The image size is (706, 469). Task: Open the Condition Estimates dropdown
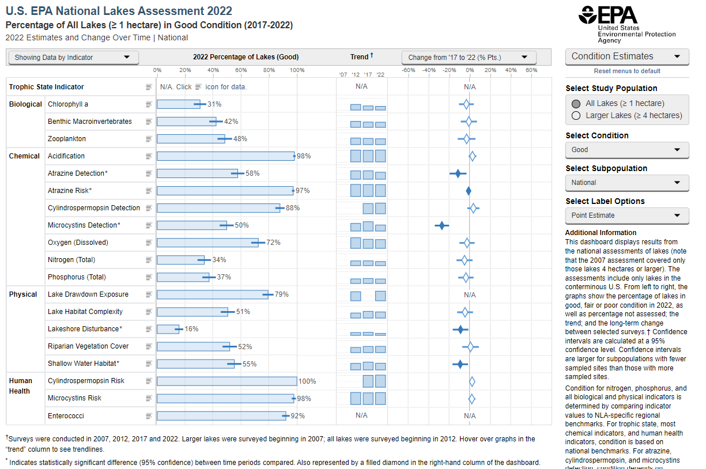tap(627, 56)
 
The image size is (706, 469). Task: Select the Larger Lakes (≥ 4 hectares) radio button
tap(576, 116)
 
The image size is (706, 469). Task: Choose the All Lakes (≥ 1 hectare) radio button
tap(576, 104)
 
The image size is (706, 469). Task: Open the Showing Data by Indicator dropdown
tap(73, 57)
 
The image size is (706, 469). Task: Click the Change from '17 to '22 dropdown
tap(469, 57)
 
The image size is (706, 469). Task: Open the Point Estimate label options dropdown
tap(627, 215)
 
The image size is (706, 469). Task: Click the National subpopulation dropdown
tap(627, 183)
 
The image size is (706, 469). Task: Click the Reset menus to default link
tap(627, 71)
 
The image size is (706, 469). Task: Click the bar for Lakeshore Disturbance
tap(168, 329)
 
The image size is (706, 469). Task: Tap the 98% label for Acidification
tap(304, 156)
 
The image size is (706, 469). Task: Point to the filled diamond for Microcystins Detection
tap(441, 225)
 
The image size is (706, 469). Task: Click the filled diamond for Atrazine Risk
tap(469, 191)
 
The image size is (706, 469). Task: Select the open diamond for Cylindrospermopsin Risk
tap(472, 381)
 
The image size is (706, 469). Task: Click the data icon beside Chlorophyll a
tap(149, 104)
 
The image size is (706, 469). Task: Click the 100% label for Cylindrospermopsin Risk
tap(307, 381)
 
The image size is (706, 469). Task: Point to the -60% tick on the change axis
tap(408, 70)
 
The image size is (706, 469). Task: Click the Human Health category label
tap(21, 386)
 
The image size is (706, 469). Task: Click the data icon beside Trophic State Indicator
tap(149, 87)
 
